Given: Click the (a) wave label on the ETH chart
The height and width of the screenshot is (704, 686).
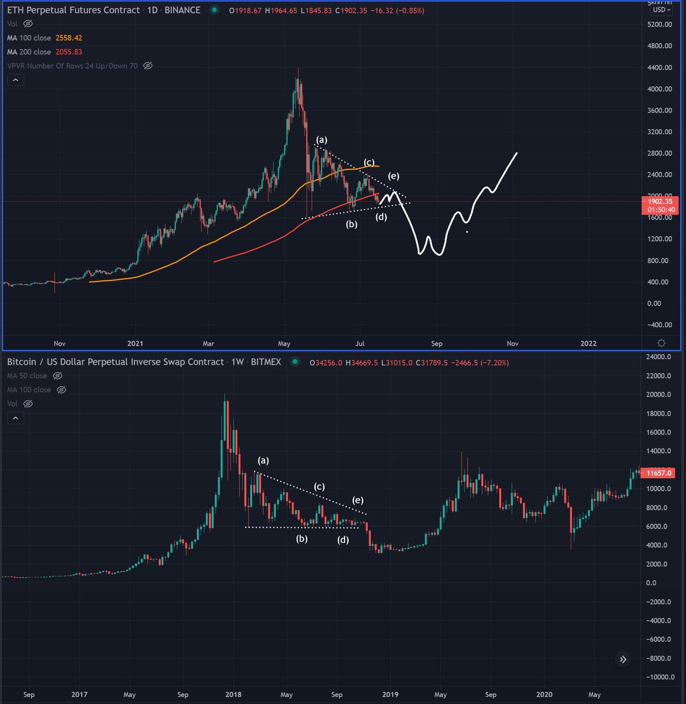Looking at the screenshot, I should point(322,140).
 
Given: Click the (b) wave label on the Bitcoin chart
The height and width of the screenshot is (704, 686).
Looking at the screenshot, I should point(302,539).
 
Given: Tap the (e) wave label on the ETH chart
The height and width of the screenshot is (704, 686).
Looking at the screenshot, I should point(393,176).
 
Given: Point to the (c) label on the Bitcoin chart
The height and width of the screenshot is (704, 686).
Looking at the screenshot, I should point(319,486).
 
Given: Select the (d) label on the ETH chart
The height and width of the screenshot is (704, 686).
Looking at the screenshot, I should point(381,217).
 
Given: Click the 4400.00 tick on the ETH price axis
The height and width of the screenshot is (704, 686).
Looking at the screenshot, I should point(660,67).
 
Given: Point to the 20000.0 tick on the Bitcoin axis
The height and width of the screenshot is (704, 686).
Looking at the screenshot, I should point(658,395).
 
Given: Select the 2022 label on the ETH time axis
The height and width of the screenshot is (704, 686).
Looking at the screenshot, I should point(588,343).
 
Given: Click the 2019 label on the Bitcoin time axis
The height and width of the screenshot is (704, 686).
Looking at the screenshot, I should point(390,695).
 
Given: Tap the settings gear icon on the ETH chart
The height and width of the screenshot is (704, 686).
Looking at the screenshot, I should point(661,343).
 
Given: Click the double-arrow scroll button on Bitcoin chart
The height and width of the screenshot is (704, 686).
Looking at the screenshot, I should point(623,659).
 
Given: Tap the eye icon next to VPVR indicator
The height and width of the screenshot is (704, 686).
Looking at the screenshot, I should point(148,66).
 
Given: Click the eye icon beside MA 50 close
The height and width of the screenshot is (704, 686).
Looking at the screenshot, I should point(58,375).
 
